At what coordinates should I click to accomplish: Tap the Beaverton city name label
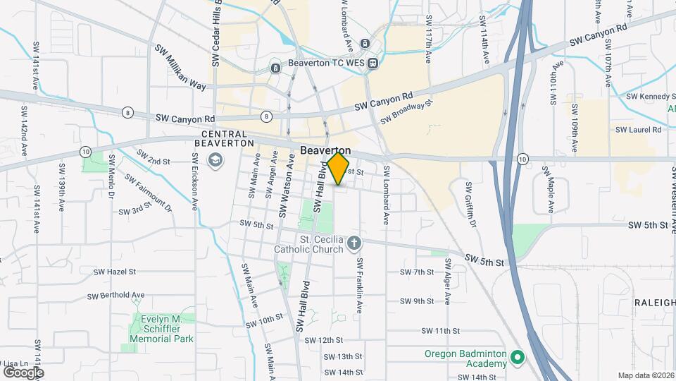coord(325,150)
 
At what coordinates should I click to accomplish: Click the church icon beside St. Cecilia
coord(353,244)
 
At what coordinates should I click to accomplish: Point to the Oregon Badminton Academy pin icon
coord(518,358)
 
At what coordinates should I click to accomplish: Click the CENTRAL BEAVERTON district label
coord(224,138)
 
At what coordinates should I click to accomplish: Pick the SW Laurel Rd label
coord(638,130)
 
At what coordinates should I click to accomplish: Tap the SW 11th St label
coord(440,330)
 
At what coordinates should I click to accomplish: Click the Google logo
coord(23,372)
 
